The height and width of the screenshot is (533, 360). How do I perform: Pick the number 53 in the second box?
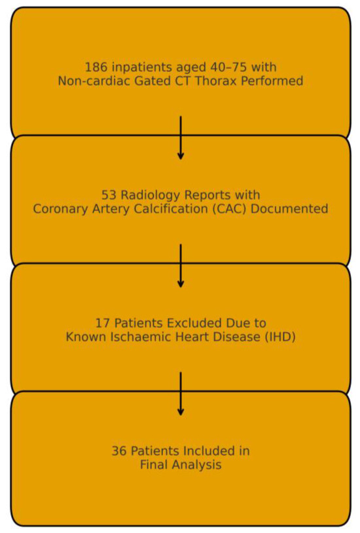point(109,195)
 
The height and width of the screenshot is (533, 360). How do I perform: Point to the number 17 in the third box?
point(102,323)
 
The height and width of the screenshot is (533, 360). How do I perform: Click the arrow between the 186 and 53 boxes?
point(181,138)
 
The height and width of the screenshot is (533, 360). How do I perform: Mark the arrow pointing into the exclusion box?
point(181,266)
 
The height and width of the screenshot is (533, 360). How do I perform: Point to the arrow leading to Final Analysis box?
point(181,394)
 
